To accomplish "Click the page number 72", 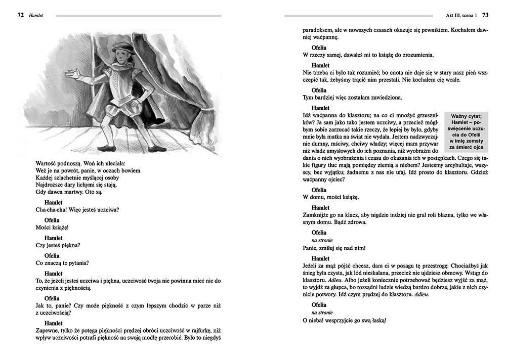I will [x=21, y=15].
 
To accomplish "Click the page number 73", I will [x=485, y=15].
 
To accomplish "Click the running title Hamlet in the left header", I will [x=35, y=15].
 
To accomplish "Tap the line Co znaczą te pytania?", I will [x=63, y=263].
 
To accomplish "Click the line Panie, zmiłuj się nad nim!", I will [x=333, y=248].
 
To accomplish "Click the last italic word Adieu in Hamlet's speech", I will [x=423, y=294].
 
